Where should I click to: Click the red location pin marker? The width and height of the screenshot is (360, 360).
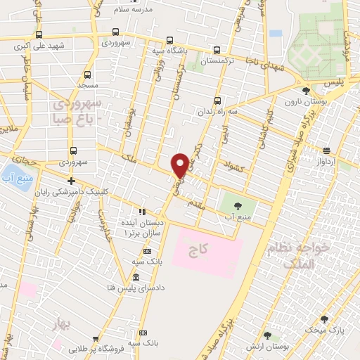[x=180, y=165]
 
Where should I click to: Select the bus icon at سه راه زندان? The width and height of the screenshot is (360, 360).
[x=217, y=100]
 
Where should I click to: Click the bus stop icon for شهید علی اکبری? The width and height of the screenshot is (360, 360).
[x=38, y=34]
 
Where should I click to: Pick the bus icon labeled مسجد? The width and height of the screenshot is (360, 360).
[x=88, y=74]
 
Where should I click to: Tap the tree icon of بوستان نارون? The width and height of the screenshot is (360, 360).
[x=305, y=91]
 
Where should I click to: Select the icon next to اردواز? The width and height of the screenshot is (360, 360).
[x=327, y=150]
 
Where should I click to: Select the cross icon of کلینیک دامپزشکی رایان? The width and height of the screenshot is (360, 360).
[x=71, y=181]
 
